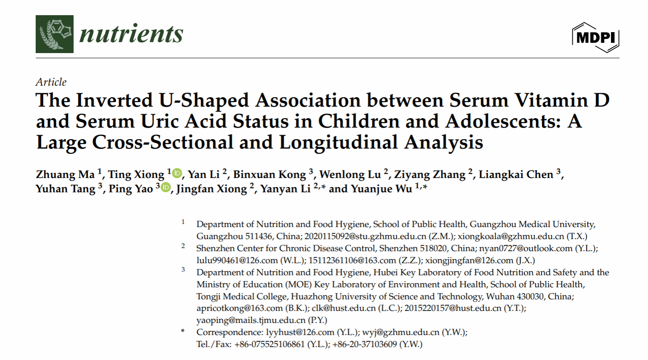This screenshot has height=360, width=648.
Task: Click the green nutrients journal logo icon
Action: click(x=54, y=34)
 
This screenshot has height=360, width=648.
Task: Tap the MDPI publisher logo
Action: click(x=596, y=37)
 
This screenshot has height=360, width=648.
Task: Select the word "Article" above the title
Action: click(x=51, y=82)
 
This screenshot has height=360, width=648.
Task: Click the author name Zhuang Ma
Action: click(x=64, y=174)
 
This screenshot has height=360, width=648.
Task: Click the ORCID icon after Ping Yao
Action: click(x=166, y=188)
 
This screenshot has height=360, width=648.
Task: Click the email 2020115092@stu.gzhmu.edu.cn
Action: click(x=353, y=236)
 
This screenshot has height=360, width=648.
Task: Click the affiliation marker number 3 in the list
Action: click(x=183, y=270)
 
